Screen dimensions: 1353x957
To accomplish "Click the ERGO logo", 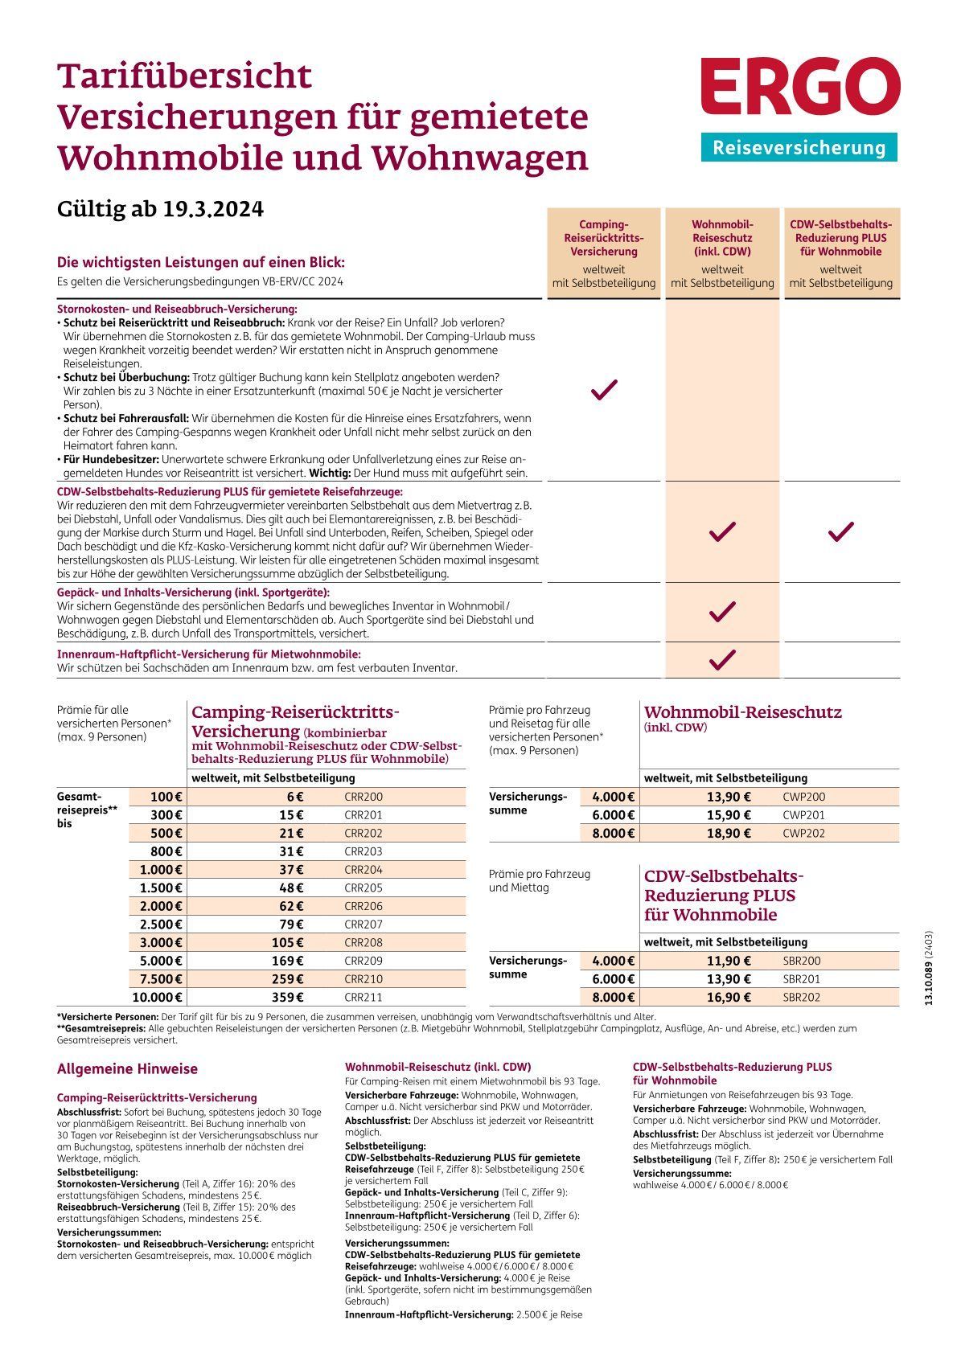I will tap(799, 85).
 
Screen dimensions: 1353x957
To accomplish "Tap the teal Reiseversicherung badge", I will tap(799, 148).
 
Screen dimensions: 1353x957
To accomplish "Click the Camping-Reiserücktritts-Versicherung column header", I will tap(604, 238).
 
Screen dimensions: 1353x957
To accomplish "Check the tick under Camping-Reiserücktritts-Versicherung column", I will tap(604, 391).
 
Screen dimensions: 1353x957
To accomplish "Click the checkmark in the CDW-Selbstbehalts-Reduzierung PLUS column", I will tap(840, 531).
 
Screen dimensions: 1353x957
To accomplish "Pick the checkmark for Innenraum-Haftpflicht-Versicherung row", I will tap(722, 660).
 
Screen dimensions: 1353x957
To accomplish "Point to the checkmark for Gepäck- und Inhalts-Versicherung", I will tap(722, 612).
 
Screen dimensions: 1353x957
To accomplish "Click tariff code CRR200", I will tap(363, 797).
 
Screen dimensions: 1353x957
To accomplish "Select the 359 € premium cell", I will tap(288, 998).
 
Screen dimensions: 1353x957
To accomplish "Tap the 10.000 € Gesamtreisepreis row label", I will tap(157, 998).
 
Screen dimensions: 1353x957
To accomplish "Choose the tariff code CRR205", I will tap(363, 888).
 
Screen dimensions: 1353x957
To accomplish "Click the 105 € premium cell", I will tap(288, 943).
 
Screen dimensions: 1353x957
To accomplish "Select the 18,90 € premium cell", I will tap(729, 834).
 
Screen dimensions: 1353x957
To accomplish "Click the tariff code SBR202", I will tap(801, 998).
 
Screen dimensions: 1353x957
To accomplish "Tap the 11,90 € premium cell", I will tap(729, 961).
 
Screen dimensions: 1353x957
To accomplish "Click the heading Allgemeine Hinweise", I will tap(127, 1069).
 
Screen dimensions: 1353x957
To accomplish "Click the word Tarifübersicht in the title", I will tap(184, 76).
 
